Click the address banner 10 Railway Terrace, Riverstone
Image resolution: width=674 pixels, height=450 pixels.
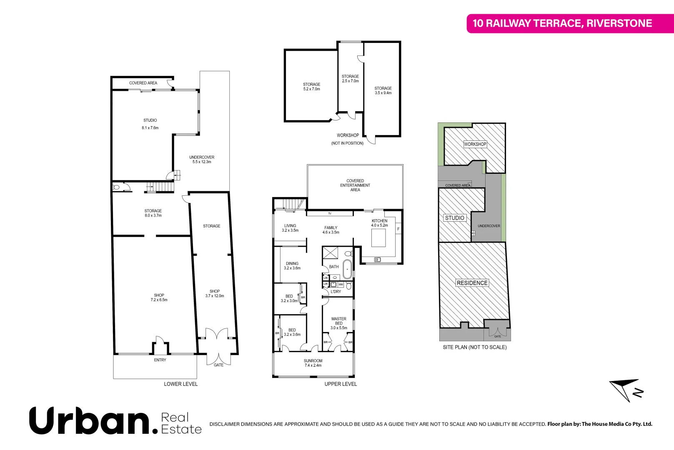pyautogui.click(x=562, y=23)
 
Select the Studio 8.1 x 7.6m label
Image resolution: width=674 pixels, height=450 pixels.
pyautogui.click(x=150, y=124)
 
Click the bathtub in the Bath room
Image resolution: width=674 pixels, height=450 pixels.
pyautogui.click(x=347, y=269)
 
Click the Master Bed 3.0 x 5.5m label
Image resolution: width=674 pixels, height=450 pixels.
pyautogui.click(x=338, y=323)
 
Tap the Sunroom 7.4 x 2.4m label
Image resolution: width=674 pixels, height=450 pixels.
pyautogui.click(x=313, y=363)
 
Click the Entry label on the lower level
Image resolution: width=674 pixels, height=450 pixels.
pyautogui.click(x=160, y=360)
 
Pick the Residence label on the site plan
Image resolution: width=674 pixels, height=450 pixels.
pyautogui.click(x=472, y=283)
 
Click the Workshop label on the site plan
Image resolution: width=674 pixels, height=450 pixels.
pyautogui.click(x=475, y=144)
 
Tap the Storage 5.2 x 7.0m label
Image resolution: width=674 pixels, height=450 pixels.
pyautogui.click(x=311, y=87)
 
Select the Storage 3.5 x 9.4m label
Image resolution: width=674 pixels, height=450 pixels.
pyautogui.click(x=383, y=90)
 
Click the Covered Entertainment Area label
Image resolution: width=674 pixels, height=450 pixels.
pyautogui.click(x=355, y=185)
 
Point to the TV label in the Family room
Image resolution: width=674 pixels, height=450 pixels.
pyautogui.click(x=329, y=214)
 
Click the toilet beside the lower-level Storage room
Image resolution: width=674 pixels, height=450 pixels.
pyautogui.click(x=117, y=187)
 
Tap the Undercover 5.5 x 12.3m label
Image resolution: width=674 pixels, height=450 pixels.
pyautogui.click(x=202, y=160)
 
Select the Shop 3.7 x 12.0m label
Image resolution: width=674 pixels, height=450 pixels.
pyautogui.click(x=215, y=294)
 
